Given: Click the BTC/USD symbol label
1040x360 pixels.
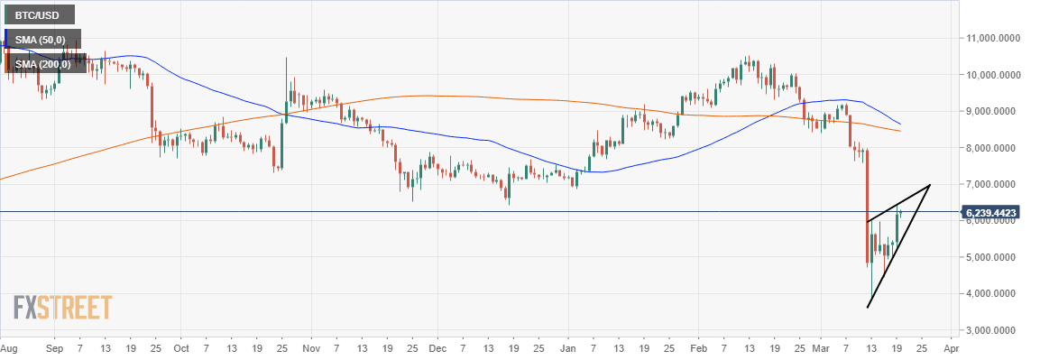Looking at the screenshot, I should pyautogui.click(x=40, y=14).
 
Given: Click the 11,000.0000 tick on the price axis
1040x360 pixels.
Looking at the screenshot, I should pyautogui.click(x=993, y=39).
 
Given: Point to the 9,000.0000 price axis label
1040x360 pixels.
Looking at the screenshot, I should pyautogui.click(x=993, y=112).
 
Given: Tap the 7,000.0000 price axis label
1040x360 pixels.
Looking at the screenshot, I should pyautogui.click(x=993, y=185).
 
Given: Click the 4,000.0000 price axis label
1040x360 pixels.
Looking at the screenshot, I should pyautogui.click(x=993, y=294).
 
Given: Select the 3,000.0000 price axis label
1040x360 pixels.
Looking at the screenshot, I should pyautogui.click(x=993, y=330).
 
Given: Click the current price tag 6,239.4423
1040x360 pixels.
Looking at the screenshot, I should pyautogui.click(x=991, y=213).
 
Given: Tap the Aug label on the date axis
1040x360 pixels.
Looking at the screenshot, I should pyautogui.click(x=9, y=347).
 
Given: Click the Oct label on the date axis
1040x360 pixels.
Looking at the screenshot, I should pyautogui.click(x=182, y=347).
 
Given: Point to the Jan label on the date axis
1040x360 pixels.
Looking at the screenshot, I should pyautogui.click(x=569, y=347).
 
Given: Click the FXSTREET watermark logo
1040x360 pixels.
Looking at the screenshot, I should pyautogui.click(x=62, y=308).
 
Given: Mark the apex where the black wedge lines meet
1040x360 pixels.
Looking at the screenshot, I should pyautogui.click(x=929, y=184).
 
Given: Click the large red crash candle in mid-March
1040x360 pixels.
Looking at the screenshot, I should pyautogui.click(x=867, y=208).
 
